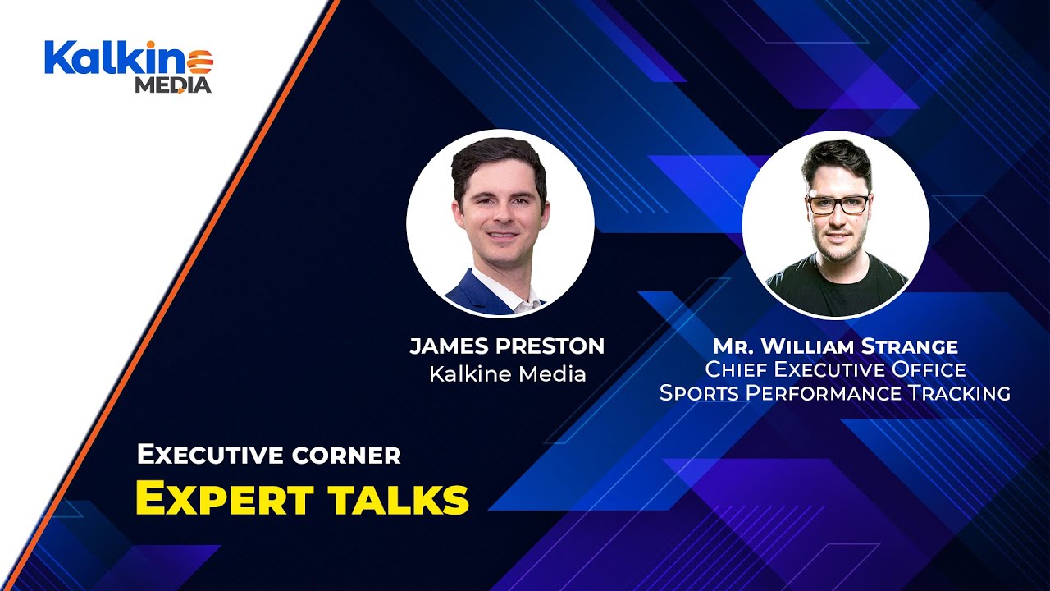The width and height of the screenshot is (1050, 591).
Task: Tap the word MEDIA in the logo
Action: (173, 85)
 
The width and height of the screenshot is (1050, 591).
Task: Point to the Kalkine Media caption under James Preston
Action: (507, 374)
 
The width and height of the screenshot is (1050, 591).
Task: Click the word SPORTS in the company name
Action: (700, 393)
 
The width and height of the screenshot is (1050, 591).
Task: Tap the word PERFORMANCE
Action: (824, 393)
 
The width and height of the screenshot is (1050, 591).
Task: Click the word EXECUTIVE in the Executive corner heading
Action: (204, 454)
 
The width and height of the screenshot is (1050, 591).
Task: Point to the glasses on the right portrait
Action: (837, 204)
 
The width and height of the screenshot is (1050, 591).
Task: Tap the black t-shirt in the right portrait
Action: (837, 291)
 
